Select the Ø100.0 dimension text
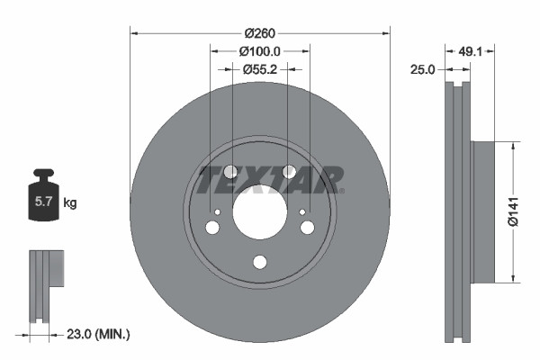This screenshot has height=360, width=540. click(261, 52)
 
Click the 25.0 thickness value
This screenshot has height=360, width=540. click(422, 69)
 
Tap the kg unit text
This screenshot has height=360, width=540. click(70, 203)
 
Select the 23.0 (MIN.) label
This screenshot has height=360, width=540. click(99, 334)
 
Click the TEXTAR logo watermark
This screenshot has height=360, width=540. click(270, 179)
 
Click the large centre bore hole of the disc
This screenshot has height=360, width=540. click(260, 213)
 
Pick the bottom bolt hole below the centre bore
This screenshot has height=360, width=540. click(260, 262)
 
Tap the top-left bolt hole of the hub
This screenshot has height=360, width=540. click(229, 171)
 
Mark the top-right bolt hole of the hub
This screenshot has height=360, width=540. click(289, 171)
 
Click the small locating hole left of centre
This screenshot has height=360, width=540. click(218, 212)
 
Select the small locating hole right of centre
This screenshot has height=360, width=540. click(302, 212)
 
